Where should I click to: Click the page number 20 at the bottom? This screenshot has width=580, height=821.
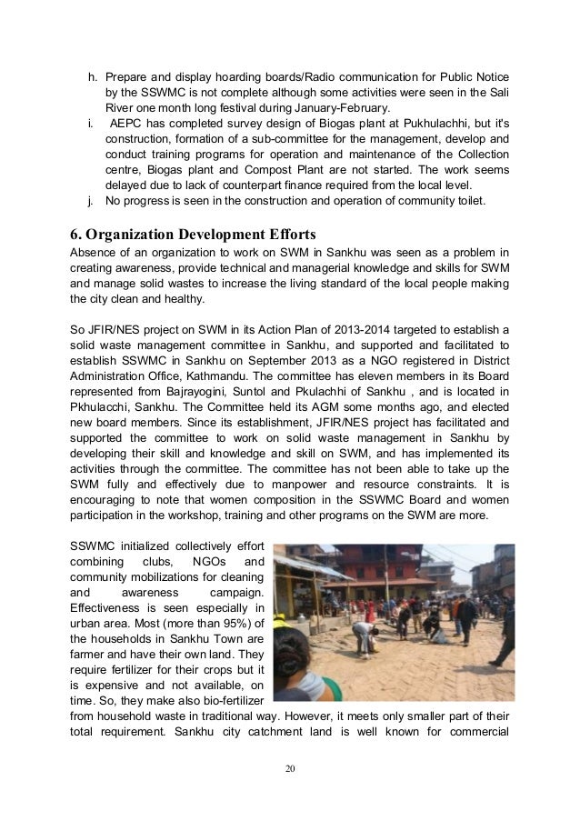tap(290, 769)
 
